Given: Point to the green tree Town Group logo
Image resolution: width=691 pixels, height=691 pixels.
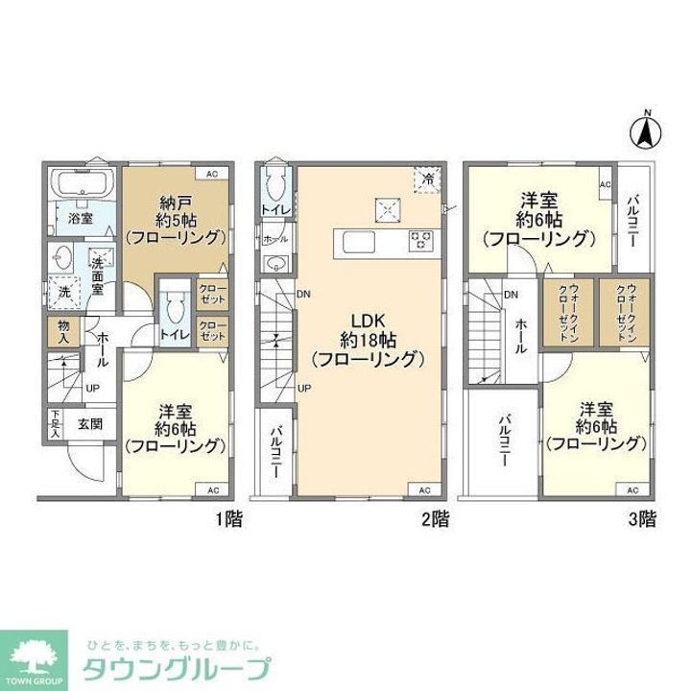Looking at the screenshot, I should coord(34,657).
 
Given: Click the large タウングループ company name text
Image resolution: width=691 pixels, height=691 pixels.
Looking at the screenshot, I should coord(179,670).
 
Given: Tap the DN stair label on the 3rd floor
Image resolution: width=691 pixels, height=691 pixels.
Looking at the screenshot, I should coord(512,295).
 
